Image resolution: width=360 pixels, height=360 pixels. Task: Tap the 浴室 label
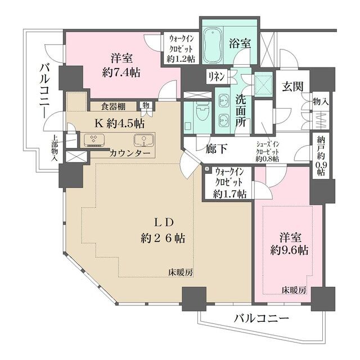240,43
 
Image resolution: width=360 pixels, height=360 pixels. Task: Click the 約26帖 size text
163,238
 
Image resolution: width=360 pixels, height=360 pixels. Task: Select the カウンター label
130,153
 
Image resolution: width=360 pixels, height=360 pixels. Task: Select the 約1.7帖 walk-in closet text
229,194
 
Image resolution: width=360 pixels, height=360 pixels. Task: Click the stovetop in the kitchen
92,140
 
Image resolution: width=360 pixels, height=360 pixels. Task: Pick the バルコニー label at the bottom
261,319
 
